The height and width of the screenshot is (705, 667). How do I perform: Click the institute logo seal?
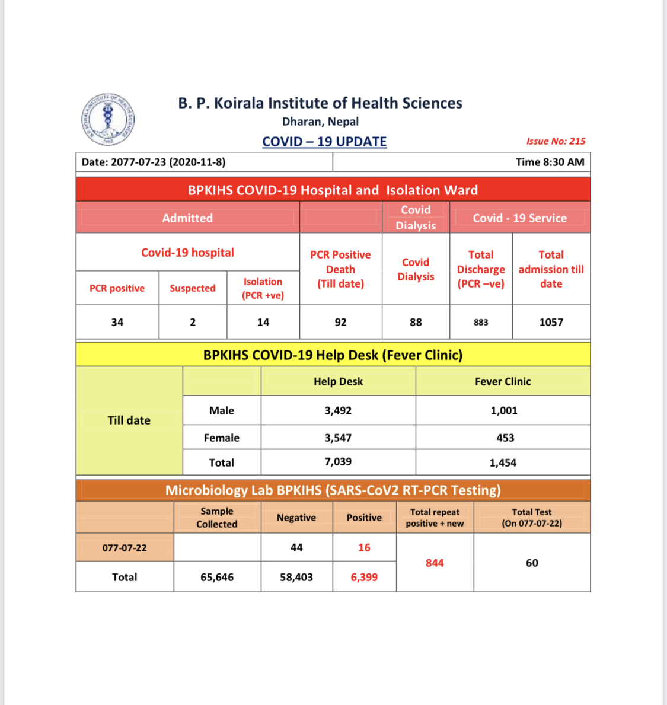pos(108,119)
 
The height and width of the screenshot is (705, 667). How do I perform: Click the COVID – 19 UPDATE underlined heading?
pos(324,142)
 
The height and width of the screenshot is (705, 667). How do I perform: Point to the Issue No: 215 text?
pos(556,141)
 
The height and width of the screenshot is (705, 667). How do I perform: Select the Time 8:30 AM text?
pos(550,162)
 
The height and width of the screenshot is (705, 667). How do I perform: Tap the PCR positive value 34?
pos(117,322)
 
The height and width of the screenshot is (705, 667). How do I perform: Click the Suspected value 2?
pos(193,322)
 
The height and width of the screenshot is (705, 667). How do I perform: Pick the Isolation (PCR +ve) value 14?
pos(263,322)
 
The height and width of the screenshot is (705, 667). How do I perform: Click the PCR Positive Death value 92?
pos(340,322)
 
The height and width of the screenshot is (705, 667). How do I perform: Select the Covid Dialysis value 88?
pos(416,322)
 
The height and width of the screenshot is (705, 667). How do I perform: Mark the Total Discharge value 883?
pos(481,322)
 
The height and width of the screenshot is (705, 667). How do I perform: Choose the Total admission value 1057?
pos(551,322)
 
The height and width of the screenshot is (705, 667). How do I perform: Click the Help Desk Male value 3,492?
pos(338,410)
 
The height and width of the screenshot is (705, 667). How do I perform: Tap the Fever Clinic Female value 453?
pos(505,438)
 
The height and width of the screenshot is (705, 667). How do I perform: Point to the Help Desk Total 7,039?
pos(338,461)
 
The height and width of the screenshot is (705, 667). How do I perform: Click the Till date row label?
pos(129,420)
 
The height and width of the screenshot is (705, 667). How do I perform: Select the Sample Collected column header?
pos(217,518)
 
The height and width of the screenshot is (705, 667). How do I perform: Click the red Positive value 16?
pos(364,547)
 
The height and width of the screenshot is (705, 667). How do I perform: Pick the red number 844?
pos(435,563)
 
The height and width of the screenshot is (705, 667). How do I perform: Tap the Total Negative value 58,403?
pos(296,577)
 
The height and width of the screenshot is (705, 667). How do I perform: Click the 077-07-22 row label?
pos(125,547)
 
